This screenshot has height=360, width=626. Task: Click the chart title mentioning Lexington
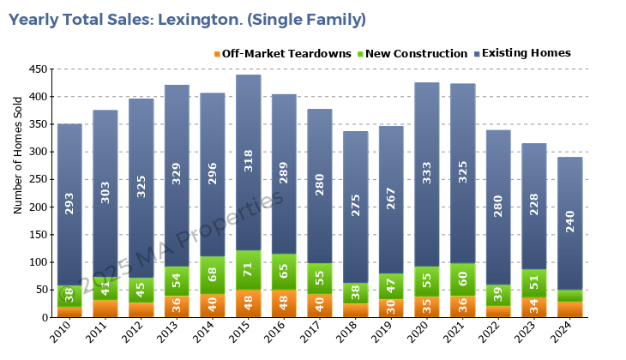pos(187,19)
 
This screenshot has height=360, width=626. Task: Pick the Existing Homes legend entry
pos(526,54)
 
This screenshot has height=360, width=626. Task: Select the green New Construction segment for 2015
pos(249,271)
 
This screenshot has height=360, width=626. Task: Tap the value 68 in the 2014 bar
pos(213,274)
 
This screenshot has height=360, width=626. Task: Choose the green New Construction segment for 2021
pos(462,279)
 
